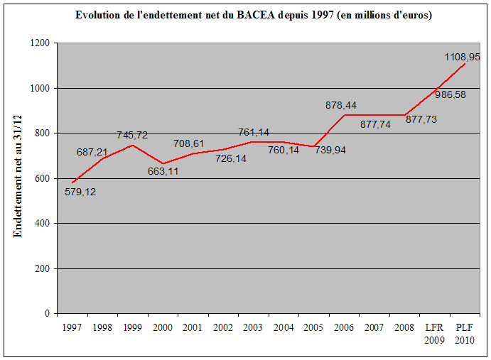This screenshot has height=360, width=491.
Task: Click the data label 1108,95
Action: tap(463, 57)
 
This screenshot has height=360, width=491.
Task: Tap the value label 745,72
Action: tap(132, 135)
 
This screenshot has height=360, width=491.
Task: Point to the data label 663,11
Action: tap(163, 171)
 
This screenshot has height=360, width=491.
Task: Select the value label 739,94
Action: tap(330, 150)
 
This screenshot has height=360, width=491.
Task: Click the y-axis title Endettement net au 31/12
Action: tap(18, 178)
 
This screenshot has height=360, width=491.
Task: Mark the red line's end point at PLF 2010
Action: tap(465, 64)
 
